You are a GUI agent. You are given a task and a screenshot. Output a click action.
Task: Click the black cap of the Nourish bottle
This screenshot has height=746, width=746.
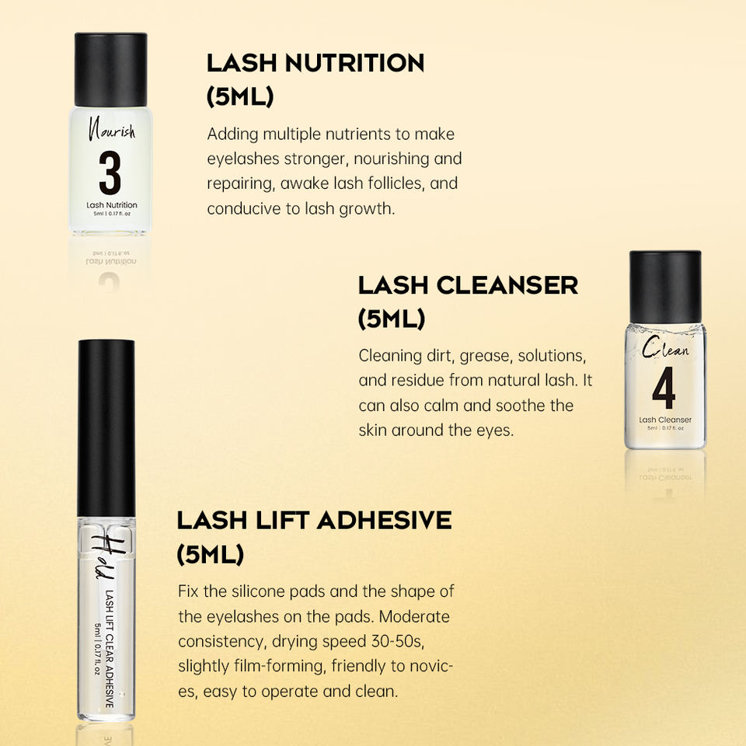(111, 69)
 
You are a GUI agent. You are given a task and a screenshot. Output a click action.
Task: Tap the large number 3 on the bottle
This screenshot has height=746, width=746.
(110, 173)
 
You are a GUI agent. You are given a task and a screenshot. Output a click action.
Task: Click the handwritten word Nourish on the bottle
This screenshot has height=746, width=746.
(112, 130)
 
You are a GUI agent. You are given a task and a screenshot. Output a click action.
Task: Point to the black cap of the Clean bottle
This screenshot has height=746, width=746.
(665, 287)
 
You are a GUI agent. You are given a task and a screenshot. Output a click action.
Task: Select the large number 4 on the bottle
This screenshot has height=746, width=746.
(664, 388)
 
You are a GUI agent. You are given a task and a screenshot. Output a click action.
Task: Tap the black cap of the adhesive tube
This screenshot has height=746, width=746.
(106, 428)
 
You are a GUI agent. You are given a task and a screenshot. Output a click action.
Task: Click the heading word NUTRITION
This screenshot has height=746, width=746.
(354, 63)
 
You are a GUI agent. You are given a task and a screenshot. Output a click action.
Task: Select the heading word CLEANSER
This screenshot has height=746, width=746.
(507, 285)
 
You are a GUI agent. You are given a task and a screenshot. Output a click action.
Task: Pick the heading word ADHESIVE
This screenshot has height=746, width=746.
(385, 520)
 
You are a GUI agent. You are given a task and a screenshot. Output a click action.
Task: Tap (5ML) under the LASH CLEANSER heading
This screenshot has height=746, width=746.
(391, 319)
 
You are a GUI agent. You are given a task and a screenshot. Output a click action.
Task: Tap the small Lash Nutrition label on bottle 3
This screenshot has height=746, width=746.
(112, 205)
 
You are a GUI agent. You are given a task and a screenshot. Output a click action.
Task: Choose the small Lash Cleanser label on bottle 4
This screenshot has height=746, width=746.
(665, 420)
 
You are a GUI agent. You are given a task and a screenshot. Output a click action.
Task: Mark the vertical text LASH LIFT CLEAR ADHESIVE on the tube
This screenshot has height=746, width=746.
(110, 649)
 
